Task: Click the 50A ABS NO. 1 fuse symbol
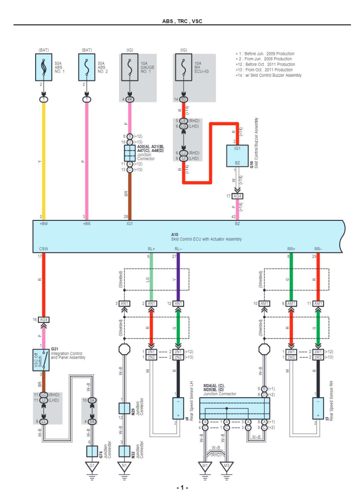point(44,67)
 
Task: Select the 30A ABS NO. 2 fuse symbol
point(86,67)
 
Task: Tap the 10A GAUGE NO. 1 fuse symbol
point(129,67)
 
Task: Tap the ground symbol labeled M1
point(205,467)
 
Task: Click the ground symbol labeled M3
point(227,467)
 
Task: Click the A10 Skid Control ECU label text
point(206,237)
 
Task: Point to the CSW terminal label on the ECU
point(43,248)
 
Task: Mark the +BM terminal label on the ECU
point(44,224)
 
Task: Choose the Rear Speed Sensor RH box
point(317,409)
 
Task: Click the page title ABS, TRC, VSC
point(182,21)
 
